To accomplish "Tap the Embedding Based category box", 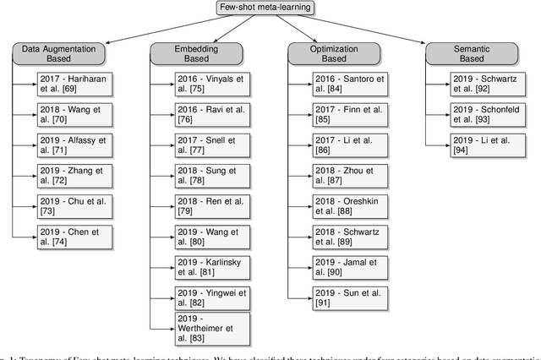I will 186,54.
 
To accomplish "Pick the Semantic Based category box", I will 462,54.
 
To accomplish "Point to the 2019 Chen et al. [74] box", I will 63,237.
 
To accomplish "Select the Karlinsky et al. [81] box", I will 201,268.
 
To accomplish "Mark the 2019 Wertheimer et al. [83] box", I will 201,328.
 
